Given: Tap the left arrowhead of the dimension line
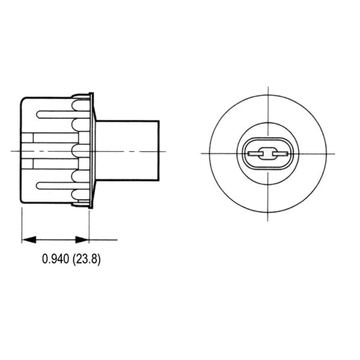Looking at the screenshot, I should tap(27, 239).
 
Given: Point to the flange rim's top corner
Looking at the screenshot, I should tap(91, 94).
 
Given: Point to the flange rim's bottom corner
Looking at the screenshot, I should tap(91, 207).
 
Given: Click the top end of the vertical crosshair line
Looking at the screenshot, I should tap(266, 88).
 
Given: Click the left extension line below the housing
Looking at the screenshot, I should tap(22, 223).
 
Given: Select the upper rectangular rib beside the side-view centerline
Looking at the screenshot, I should tap(50, 138).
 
